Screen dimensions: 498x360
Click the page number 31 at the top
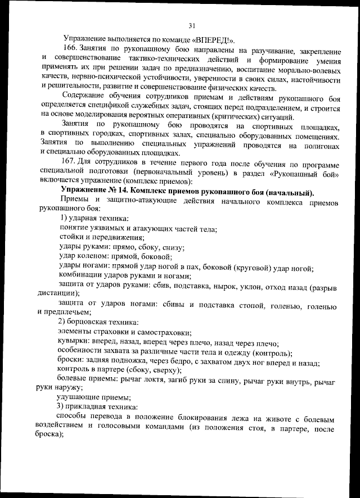192,25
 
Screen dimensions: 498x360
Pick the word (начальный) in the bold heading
288,192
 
